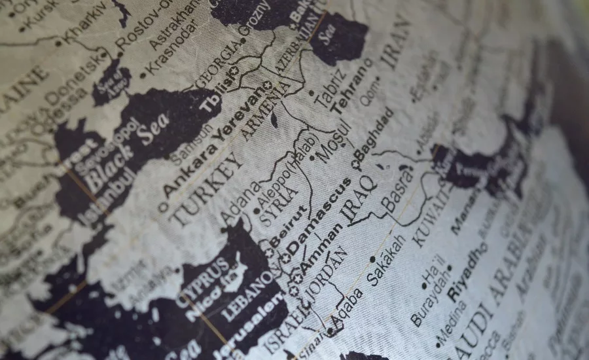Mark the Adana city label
[235, 203]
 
